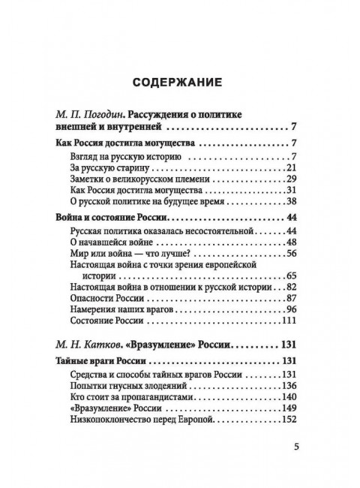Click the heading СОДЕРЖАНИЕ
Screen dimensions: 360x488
[179, 80]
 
